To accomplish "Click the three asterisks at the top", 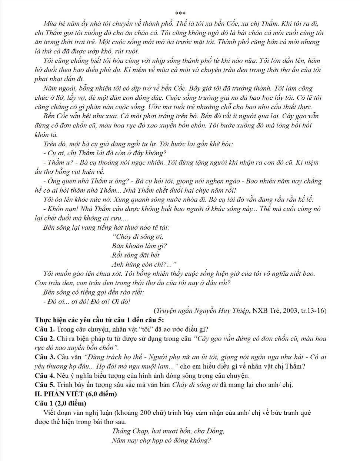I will pyautogui.click(x=180, y=14).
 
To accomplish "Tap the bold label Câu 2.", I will pyautogui.click(x=45, y=338).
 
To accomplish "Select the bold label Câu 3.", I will pyautogui.click(x=45, y=357).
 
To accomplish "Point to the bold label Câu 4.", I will pyautogui.click(x=45, y=375).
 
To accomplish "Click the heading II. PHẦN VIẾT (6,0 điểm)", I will pyautogui.click(x=76, y=394).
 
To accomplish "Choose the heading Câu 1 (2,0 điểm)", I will pyautogui.click(x=60, y=403).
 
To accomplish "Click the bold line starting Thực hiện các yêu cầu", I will pyautogui.click(x=99, y=320).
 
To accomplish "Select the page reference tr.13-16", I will pyautogui.click(x=313, y=311).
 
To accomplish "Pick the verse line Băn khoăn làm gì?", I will pyautogui.click(x=139, y=246).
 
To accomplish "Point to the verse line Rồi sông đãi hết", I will pyautogui.click(x=136, y=255).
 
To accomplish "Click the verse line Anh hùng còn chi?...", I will pyautogui.click(x=144, y=264).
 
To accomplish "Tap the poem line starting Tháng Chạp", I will pyautogui.click(x=168, y=431).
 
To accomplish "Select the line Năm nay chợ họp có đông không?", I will pyautogui.click(x=161, y=440).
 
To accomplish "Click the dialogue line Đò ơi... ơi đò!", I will pyautogui.click(x=87, y=301).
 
